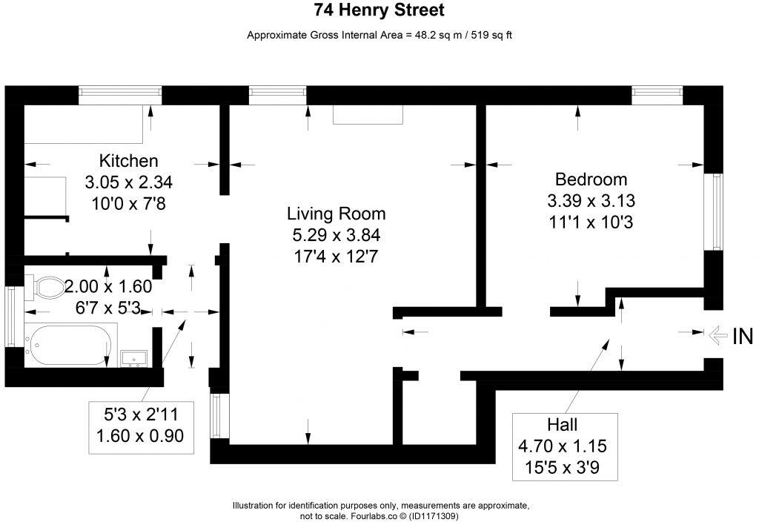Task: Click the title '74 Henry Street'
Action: pyautogui.click(x=379, y=10)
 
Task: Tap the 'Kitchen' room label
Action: pyautogui.click(x=129, y=161)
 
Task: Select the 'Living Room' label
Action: pyautogui.click(x=337, y=214)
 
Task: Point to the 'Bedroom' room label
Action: pyautogui.click(x=591, y=179)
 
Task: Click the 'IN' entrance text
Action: pyautogui.click(x=743, y=337)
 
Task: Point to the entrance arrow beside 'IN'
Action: pyautogui.click(x=717, y=336)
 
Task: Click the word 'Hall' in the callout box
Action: pyautogui.click(x=563, y=425)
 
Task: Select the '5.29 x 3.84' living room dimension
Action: pyautogui.click(x=337, y=236)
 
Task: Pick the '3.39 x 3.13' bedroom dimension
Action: pyautogui.click(x=591, y=201)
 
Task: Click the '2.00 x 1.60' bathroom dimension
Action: pyautogui.click(x=107, y=286)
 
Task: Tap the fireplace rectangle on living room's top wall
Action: pyautogui.click(x=368, y=114)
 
